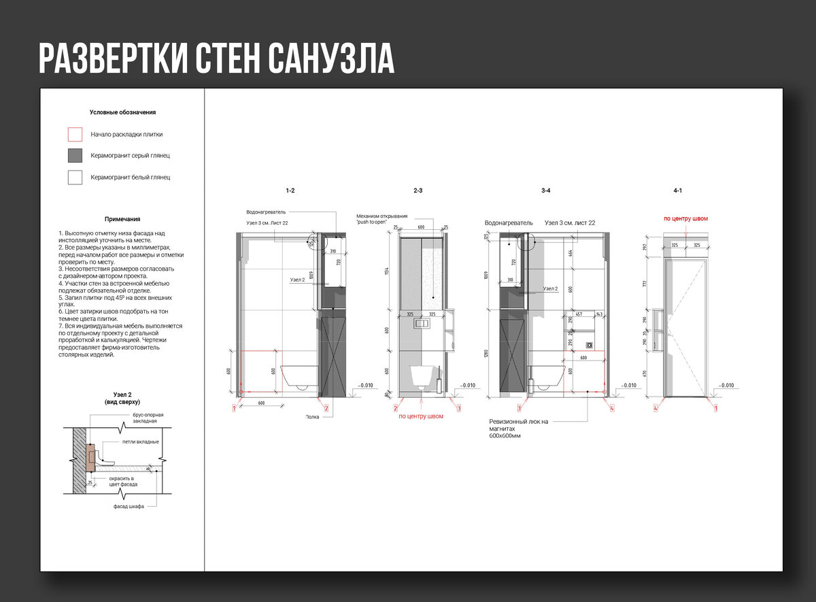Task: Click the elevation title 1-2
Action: click(x=291, y=191)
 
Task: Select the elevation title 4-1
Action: click(x=677, y=191)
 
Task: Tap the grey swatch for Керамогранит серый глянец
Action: click(x=75, y=155)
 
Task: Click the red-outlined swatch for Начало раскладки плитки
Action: click(x=75, y=134)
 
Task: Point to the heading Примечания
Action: click(x=122, y=219)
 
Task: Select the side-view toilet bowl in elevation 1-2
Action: click(x=299, y=376)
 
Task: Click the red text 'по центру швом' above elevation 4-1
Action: click(x=685, y=219)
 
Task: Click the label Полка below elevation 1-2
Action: click(x=312, y=417)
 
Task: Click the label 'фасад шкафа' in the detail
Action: click(x=129, y=507)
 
